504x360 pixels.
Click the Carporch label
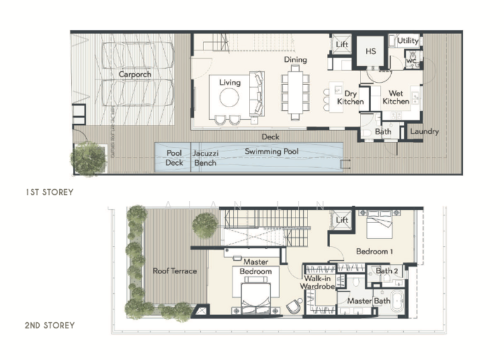tap(135, 74)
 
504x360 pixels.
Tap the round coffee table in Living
tap(229, 98)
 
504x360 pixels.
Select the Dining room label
tap(295, 60)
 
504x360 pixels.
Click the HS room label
tap(370, 51)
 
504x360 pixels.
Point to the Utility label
tap(408, 41)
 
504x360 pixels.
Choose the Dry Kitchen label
tap(350, 97)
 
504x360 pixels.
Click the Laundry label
tap(424, 132)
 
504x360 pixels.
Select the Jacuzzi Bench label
tap(205, 158)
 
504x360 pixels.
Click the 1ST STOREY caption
tap(50, 192)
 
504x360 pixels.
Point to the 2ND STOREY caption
tap(50, 325)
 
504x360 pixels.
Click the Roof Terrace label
tap(175, 271)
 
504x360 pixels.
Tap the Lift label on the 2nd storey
tap(342, 220)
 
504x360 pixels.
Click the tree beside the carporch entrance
tap(88, 158)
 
